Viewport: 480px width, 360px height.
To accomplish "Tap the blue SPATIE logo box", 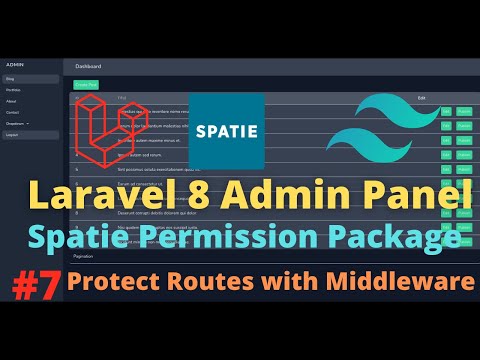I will click(x=226, y=130).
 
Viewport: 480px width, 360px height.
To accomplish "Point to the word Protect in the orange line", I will click(x=109, y=284).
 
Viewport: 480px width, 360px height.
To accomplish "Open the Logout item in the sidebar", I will click(x=13, y=133).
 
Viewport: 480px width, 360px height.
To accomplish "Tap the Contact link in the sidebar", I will click(x=13, y=111).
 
